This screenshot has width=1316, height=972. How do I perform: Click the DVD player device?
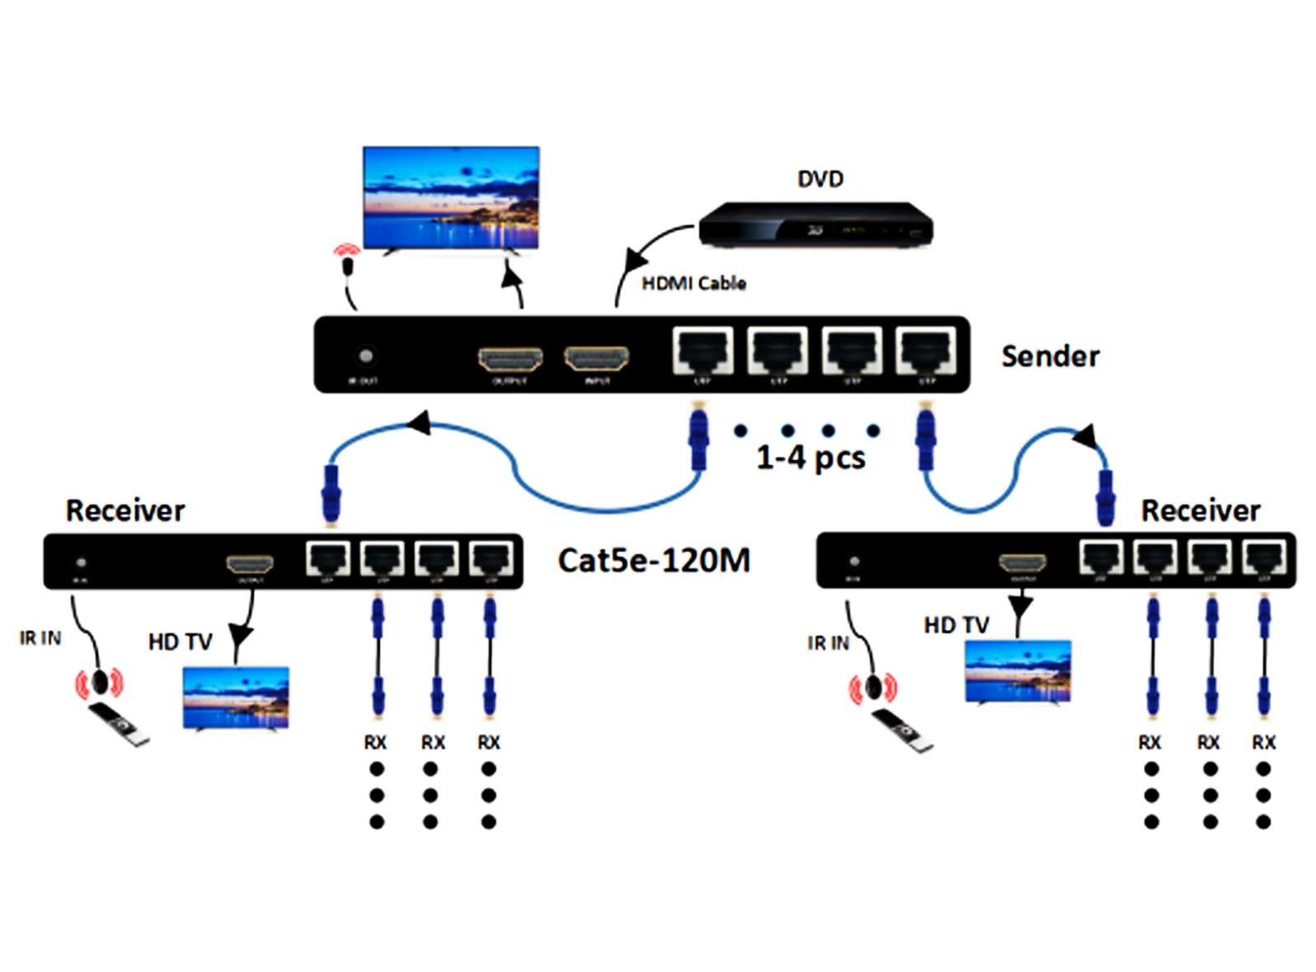tap(815, 225)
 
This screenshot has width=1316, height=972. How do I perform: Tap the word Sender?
tap(1050, 356)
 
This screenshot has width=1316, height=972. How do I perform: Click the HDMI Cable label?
tap(693, 284)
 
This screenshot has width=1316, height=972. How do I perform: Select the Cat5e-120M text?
tap(654, 561)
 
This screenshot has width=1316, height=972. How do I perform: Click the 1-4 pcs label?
tap(811, 458)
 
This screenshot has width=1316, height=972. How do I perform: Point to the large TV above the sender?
tap(451, 198)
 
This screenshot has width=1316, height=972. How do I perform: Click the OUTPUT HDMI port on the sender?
tap(510, 359)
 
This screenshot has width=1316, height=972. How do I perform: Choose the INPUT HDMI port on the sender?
tap(596, 359)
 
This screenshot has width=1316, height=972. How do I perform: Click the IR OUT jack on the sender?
tap(365, 356)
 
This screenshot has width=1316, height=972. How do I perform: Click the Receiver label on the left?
tap(125, 511)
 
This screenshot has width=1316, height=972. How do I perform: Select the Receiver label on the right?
tap(1200, 511)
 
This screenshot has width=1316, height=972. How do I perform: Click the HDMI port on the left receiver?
tap(250, 564)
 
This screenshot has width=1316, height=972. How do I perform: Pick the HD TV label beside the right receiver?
tap(956, 626)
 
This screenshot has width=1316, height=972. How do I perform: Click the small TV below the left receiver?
tap(236, 697)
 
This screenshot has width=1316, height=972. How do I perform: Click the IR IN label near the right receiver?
tap(828, 643)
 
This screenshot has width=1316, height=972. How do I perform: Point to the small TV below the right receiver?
tap(1018, 672)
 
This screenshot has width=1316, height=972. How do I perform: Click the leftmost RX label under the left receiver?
tap(375, 743)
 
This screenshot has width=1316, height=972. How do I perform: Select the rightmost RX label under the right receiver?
tap(1263, 743)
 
